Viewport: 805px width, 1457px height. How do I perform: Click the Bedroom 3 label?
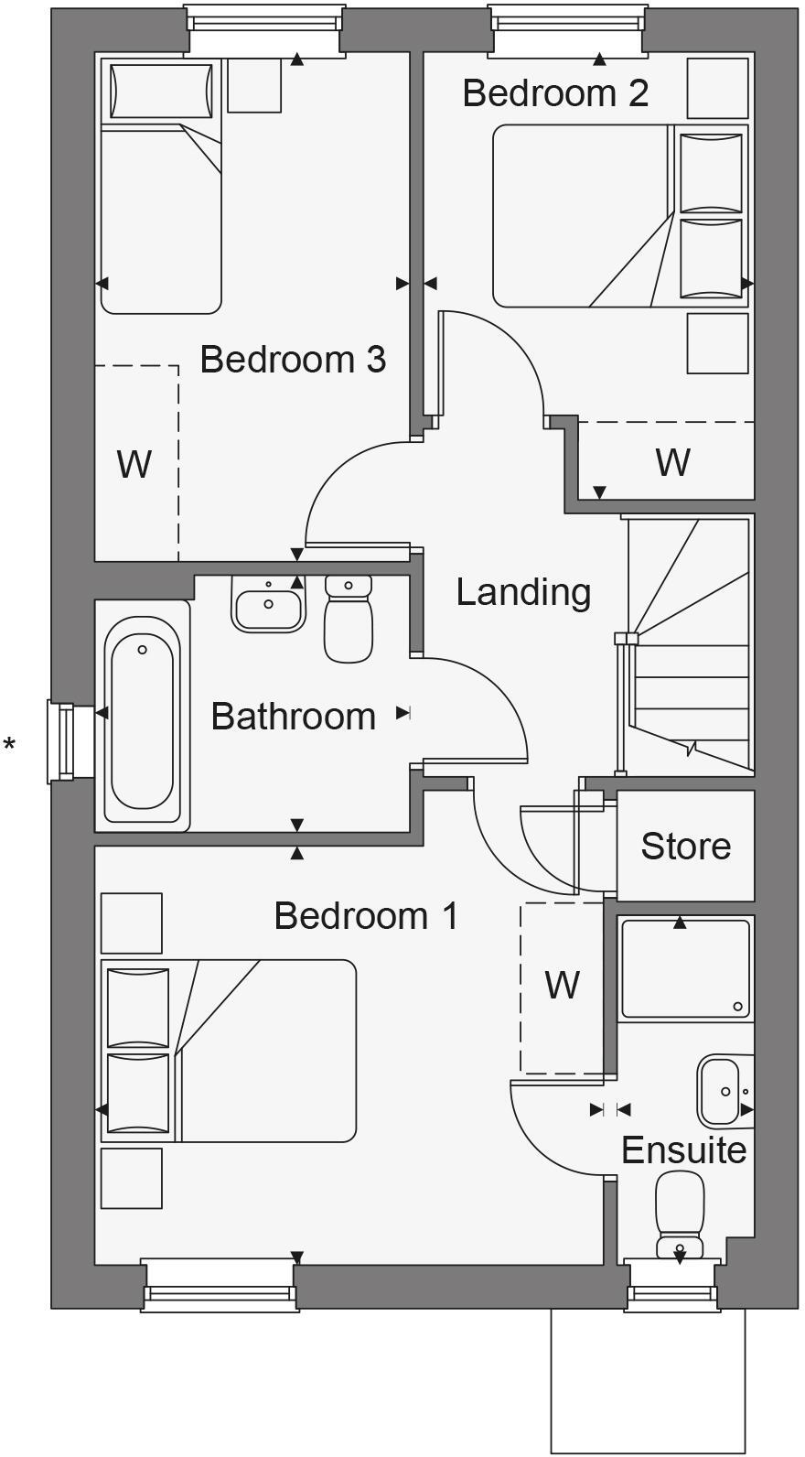click(x=293, y=359)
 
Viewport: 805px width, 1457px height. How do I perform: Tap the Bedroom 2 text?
click(x=555, y=92)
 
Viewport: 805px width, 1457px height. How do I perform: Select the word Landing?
click(x=523, y=591)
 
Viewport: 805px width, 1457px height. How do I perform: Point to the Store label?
click(x=685, y=846)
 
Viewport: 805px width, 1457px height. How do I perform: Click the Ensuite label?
click(x=683, y=1149)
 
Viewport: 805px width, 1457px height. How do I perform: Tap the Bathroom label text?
click(x=293, y=716)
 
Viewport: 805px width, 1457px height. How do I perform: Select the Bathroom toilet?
click(x=349, y=619)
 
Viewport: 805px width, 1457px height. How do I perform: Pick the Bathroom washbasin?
click(x=268, y=605)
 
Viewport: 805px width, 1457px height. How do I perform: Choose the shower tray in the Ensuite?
click(x=685, y=969)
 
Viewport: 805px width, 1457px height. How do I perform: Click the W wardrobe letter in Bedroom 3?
click(x=134, y=465)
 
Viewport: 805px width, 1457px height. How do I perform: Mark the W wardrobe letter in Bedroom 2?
click(x=672, y=462)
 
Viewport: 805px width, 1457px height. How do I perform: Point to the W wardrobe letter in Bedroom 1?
click(x=562, y=986)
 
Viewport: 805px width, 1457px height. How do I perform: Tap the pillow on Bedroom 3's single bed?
click(x=160, y=91)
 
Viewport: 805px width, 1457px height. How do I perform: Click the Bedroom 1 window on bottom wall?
click(x=220, y=1286)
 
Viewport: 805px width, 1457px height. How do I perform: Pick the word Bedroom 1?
click(x=366, y=915)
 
